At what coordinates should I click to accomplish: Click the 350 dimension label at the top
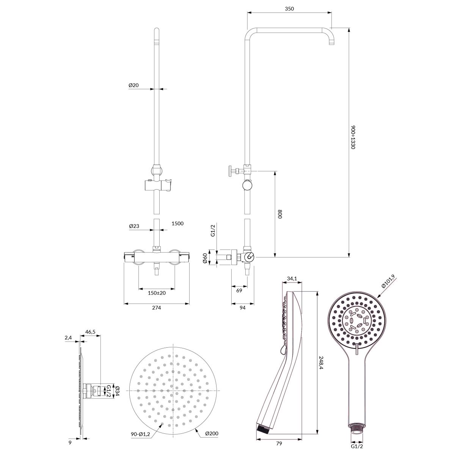pyautogui.click(x=289, y=9)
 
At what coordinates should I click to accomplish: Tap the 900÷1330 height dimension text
pyautogui.click(x=353, y=137)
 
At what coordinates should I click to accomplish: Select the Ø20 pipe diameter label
pyautogui.click(x=133, y=85)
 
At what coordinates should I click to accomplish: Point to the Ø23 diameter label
pyautogui.click(x=134, y=226)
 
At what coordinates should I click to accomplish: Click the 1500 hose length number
pyautogui.click(x=177, y=223)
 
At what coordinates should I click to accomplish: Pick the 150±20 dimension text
pyautogui.click(x=157, y=293)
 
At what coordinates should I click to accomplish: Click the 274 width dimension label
pyautogui.click(x=157, y=308)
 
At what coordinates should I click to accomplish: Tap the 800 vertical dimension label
pyautogui.click(x=280, y=214)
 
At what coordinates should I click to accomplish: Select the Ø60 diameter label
pyautogui.click(x=205, y=258)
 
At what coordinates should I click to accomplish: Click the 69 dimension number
pyautogui.click(x=239, y=290)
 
